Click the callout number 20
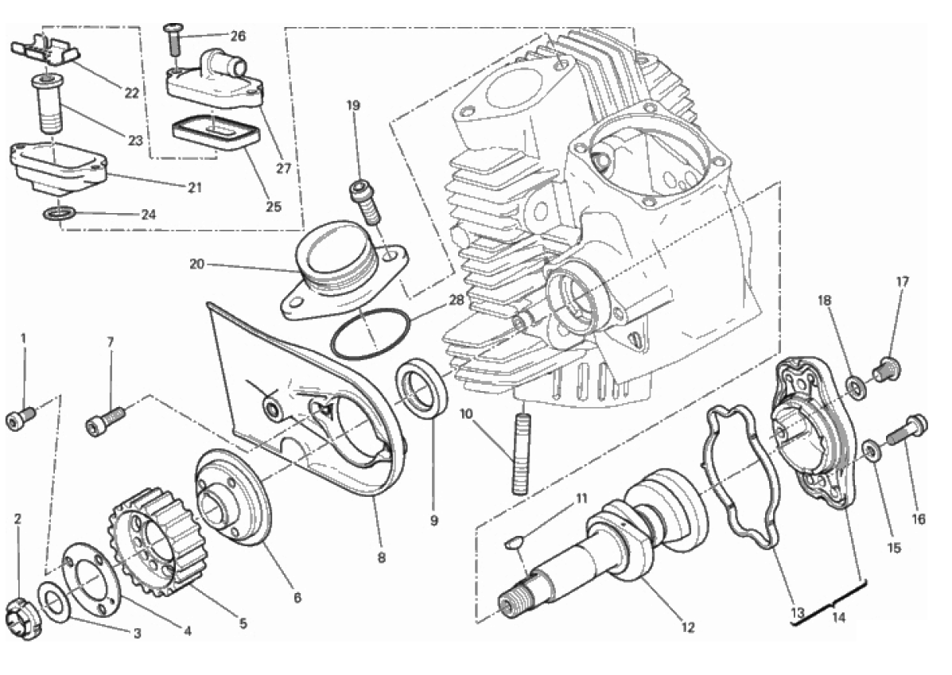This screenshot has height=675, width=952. point(197,264)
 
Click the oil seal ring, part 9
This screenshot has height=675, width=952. point(422,388)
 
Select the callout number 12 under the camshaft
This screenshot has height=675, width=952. point(687,628)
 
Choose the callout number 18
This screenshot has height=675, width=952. point(824,300)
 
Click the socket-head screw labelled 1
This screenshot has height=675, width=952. point(21,417)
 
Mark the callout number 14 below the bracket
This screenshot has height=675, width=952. point(838,618)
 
